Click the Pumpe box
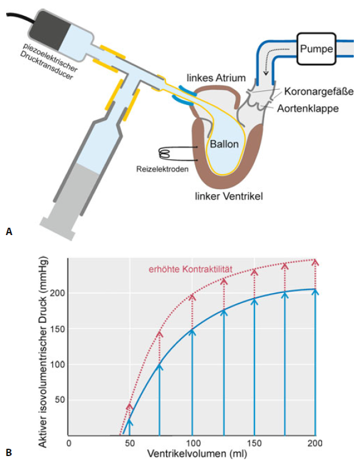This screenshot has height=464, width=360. pos(316,49)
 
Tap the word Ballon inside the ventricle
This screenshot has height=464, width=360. pos(224,144)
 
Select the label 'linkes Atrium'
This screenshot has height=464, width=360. pos(216,78)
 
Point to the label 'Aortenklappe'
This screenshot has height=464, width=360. pos(308,109)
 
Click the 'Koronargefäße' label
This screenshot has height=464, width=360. pos(319,92)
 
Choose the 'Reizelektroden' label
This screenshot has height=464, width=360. pos(162,169)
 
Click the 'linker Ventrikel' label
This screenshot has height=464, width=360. pos(229,196)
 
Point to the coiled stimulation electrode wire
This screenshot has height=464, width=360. pos(165,154)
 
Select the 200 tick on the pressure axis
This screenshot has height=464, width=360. pos(59,293)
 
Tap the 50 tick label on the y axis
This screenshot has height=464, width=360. pos(59,399)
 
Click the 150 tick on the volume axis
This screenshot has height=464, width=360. pos(254,443)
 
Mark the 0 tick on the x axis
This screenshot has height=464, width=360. pos(68,443)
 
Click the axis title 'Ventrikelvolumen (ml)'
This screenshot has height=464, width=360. pos(196,454)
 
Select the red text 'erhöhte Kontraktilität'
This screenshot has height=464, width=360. pos(190,269)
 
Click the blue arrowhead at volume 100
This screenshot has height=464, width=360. pos(192,332)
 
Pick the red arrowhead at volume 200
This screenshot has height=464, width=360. pos(315,263)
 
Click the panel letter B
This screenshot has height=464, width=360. pos(9,453)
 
